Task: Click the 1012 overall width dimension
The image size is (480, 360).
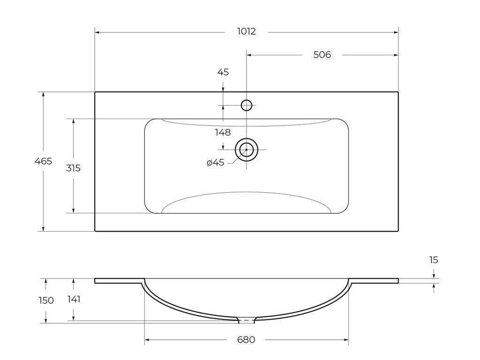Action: pos(247,31)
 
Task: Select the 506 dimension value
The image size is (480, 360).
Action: pos(322,55)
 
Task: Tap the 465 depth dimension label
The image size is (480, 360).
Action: pos(43,161)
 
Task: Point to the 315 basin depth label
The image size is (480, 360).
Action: pos(74,168)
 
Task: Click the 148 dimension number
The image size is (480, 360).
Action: pos(223,133)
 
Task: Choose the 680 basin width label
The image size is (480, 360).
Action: pos(246,340)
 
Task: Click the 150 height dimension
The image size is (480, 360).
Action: pos(46,300)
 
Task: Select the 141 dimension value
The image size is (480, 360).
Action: pos(74,299)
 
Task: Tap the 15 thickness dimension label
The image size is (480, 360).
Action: pos(434,260)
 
